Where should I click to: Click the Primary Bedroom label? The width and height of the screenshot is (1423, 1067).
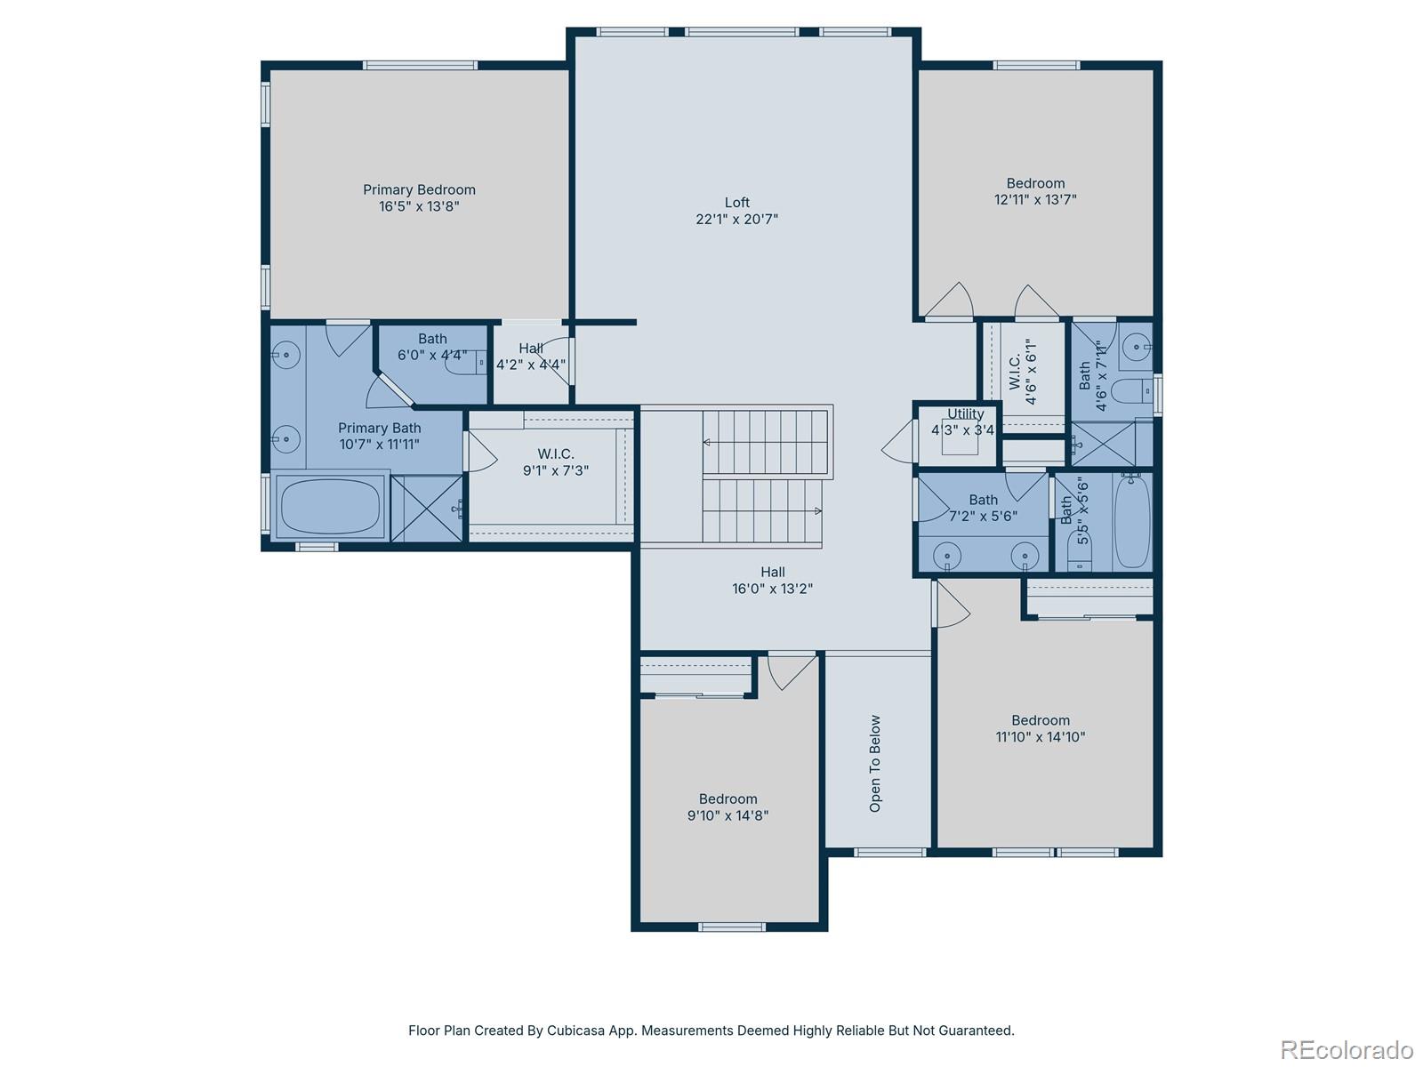click(419, 189)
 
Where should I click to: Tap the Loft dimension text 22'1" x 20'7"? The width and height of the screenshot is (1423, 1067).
click(736, 219)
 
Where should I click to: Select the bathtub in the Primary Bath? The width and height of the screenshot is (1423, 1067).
click(330, 505)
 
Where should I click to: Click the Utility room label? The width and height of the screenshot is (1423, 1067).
click(965, 413)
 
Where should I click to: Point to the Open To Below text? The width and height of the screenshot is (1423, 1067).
click(875, 763)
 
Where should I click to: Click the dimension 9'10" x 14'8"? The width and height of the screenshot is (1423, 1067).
click(728, 815)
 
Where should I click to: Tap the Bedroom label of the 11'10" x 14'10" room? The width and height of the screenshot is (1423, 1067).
click(1040, 720)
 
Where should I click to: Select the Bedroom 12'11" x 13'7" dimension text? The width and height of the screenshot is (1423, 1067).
click(1035, 199)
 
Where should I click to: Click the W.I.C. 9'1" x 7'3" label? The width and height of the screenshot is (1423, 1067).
click(555, 454)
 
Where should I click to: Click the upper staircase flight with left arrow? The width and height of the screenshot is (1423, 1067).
click(765, 442)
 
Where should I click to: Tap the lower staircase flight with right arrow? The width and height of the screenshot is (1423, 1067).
click(761, 511)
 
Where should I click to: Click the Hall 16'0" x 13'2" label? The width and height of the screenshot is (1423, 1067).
click(772, 572)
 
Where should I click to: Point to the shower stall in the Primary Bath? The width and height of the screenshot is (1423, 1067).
click(427, 509)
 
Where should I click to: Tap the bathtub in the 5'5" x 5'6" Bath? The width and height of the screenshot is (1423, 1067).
click(1131, 521)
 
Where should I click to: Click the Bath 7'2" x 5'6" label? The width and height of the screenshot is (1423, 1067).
click(983, 500)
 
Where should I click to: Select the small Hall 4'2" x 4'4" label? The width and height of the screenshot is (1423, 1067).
click(531, 349)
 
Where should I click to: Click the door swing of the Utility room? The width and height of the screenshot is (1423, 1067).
click(898, 440)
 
